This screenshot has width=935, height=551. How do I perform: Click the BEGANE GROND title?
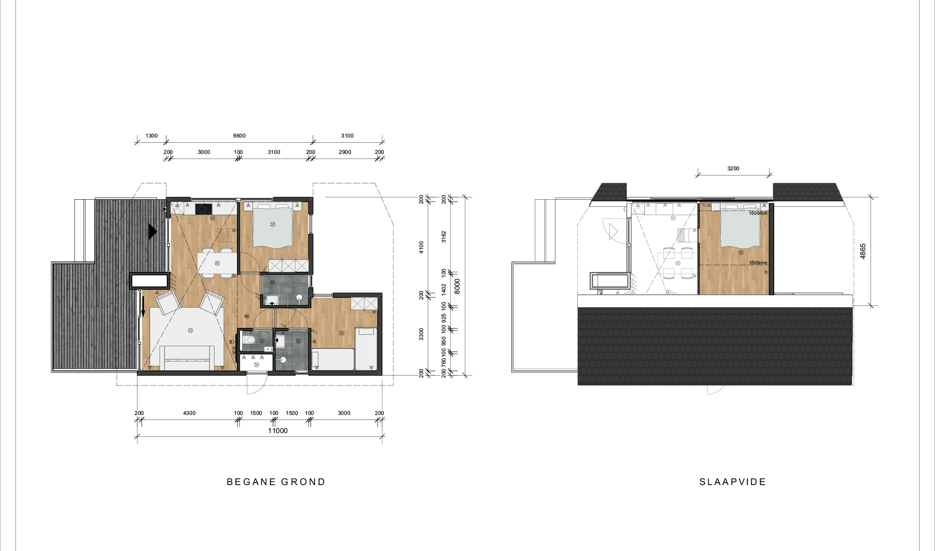(276, 482)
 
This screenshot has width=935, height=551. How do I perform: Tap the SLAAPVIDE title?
(733, 482)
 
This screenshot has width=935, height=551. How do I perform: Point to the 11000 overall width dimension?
(278, 431)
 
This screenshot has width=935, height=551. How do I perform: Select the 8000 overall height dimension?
(457, 286)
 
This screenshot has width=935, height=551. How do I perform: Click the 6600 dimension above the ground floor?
(239, 136)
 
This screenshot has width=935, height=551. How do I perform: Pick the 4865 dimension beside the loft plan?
(863, 251)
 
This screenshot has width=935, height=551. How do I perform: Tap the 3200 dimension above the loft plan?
(733, 168)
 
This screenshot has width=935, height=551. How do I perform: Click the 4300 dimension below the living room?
(189, 413)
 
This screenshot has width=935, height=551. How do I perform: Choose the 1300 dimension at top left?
(151, 136)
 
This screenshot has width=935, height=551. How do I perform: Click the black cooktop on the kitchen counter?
(204, 209)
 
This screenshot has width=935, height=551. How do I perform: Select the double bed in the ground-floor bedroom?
(273, 225)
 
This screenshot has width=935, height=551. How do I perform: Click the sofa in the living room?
(187, 358)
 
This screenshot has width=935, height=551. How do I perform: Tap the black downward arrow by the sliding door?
(143, 306)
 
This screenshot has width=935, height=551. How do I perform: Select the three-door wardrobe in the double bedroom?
(288, 266)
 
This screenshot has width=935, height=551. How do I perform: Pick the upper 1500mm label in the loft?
(758, 213)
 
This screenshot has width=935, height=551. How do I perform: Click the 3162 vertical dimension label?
(444, 237)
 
